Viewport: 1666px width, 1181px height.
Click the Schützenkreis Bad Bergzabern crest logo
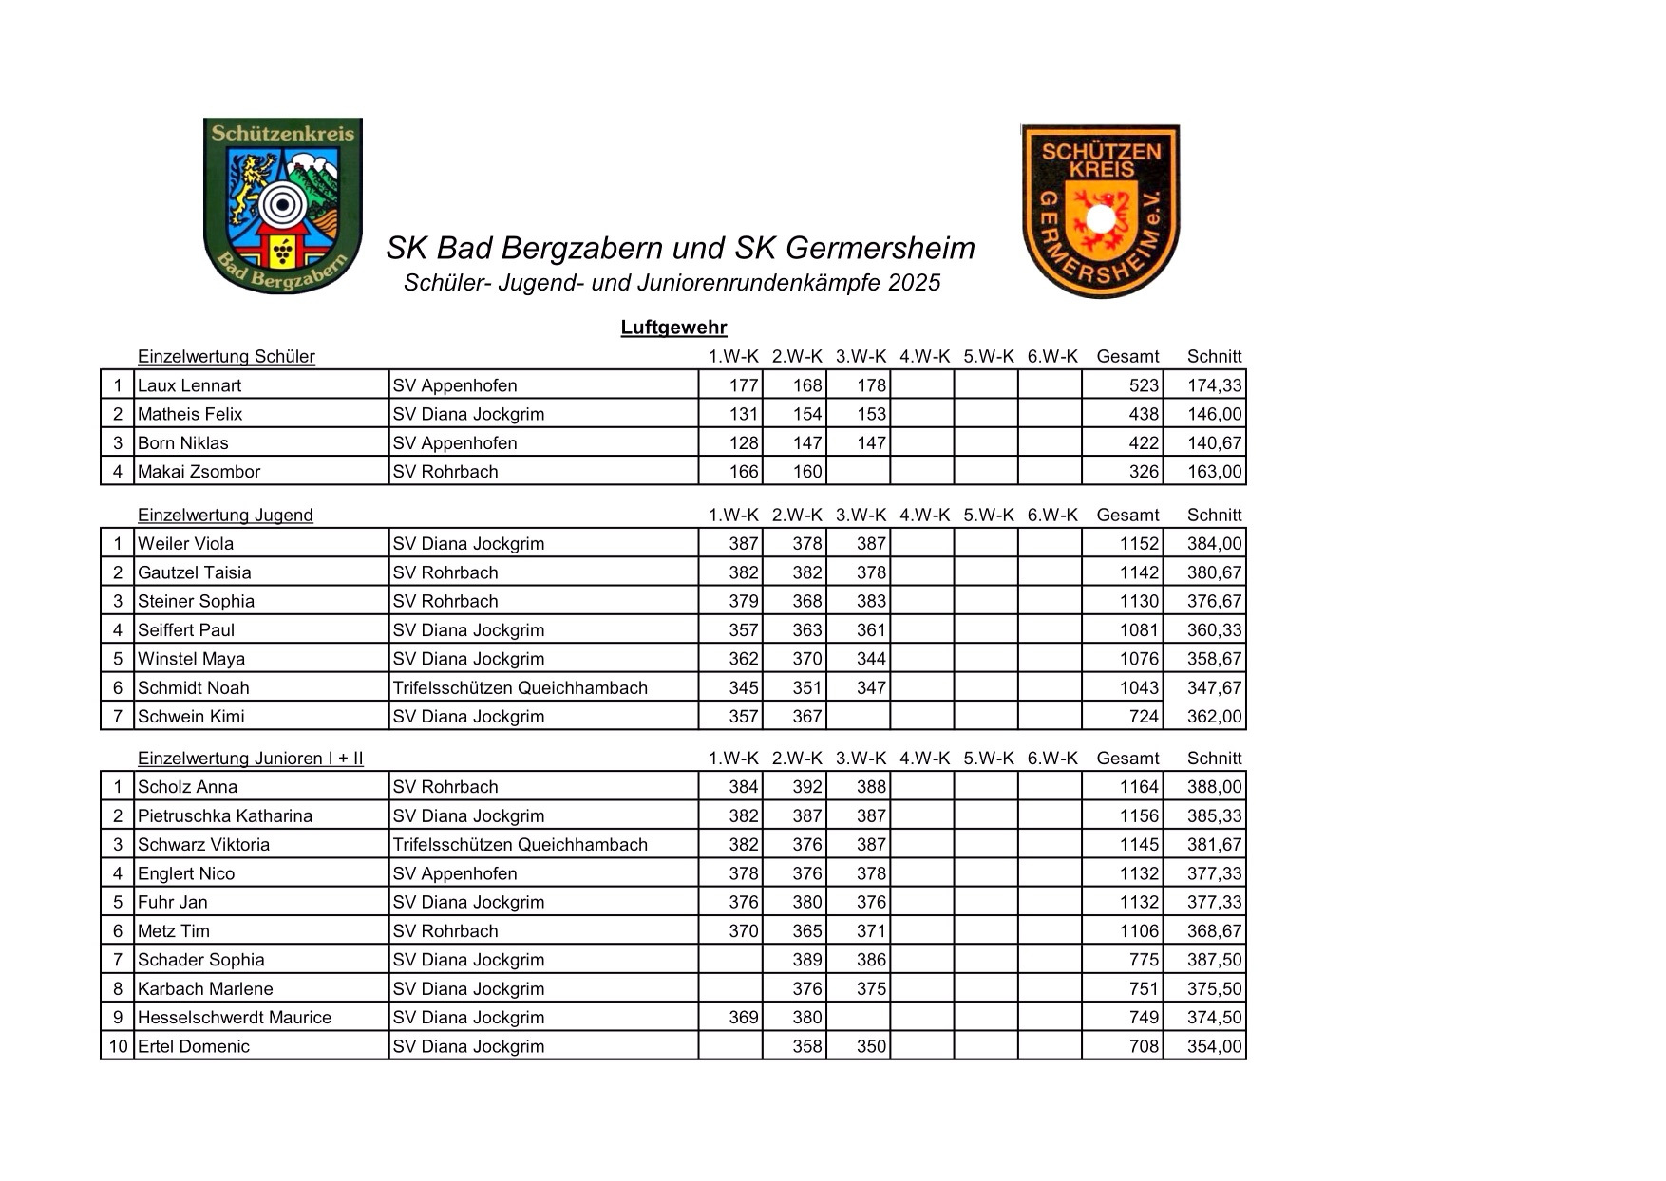pos(283,205)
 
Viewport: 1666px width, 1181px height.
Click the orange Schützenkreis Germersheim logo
pos(1100,211)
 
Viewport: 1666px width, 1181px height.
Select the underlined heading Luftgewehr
pos(673,328)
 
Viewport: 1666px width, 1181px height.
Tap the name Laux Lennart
pos(189,385)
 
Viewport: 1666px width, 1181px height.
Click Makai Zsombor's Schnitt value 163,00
pos(1214,472)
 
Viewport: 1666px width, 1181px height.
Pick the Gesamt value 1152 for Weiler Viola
pos(1139,544)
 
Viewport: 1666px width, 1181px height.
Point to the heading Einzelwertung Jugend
pos(225,516)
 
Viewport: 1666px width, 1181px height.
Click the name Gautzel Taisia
pos(194,572)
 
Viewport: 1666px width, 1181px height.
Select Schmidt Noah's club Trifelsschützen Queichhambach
pos(520,688)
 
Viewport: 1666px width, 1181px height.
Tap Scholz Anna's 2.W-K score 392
pos(806,787)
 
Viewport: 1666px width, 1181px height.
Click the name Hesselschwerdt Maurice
pos(235,1018)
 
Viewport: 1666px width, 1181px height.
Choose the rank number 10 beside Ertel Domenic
pos(118,1046)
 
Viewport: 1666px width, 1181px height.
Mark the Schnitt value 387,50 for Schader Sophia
pos(1214,960)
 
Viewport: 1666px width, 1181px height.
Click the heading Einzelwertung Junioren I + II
pos(250,759)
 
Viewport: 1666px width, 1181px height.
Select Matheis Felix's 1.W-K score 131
pos(743,414)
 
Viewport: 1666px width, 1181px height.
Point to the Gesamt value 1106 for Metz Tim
pos(1139,931)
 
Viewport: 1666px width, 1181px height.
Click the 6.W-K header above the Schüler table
pos(1051,357)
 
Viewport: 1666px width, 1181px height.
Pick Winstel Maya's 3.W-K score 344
pos(870,659)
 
